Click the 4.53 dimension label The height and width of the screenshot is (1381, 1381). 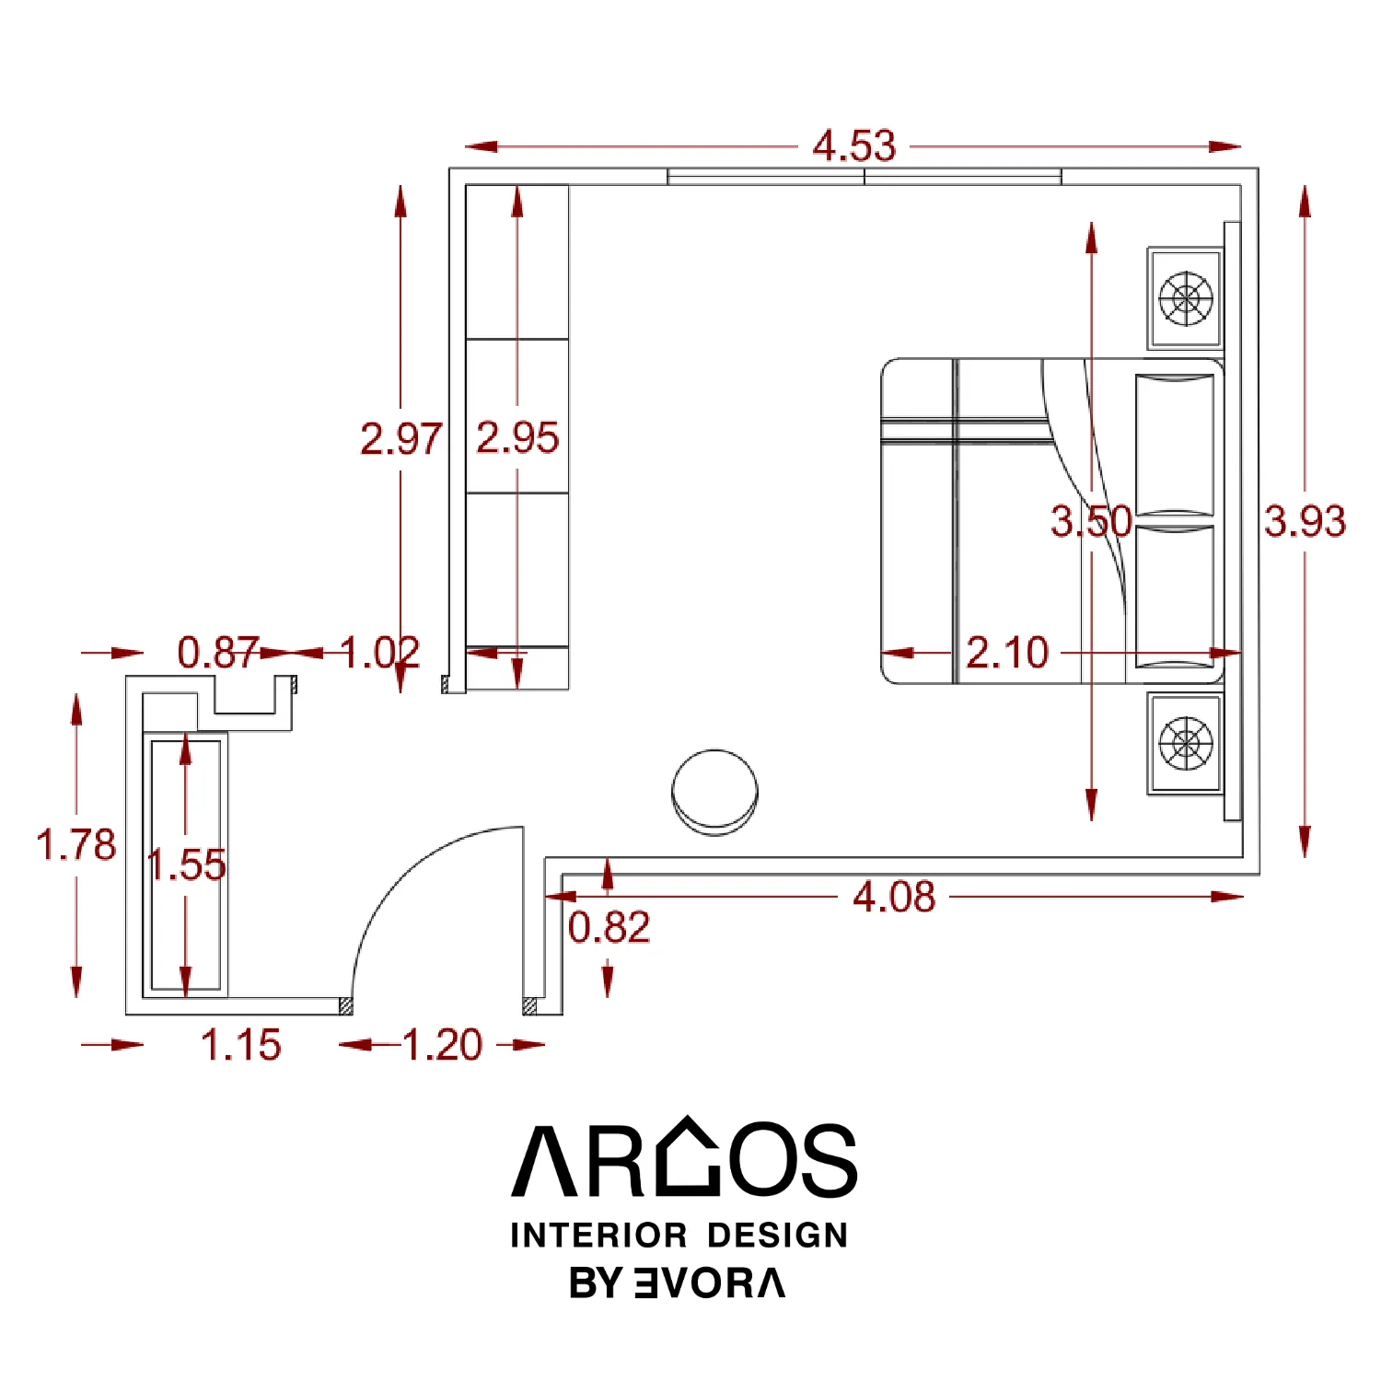(853, 146)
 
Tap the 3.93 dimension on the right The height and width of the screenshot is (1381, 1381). (1305, 521)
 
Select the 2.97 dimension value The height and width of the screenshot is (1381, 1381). (400, 438)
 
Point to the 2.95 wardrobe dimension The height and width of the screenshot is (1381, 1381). (517, 437)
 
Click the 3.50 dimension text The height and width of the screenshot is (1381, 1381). (1091, 521)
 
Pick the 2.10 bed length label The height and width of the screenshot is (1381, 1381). (1007, 653)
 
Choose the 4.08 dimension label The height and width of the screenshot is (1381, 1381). (894, 897)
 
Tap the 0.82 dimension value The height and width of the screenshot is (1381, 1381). (609, 927)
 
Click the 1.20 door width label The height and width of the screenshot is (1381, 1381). (442, 1045)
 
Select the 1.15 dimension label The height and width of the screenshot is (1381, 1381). (240, 1045)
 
